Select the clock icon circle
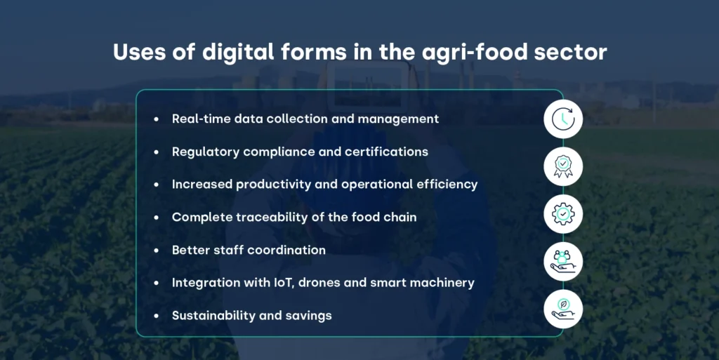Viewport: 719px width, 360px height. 563,120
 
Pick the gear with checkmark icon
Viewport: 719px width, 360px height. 563,214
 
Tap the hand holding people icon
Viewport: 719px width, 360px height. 563,261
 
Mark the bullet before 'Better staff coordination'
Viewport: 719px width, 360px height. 156,251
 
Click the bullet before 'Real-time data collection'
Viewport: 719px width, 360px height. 156,119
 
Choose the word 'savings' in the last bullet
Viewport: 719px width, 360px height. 308,316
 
